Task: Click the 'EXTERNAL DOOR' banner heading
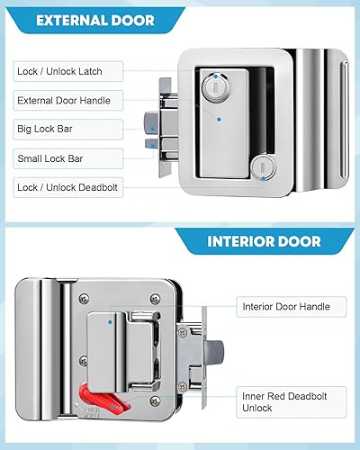point(95,21)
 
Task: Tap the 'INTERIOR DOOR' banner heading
point(264,241)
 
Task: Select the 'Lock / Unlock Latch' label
point(59,71)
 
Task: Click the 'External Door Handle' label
point(64,101)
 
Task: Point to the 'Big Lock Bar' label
point(45,129)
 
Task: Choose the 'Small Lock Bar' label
point(50,158)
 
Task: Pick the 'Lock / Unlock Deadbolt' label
point(67,187)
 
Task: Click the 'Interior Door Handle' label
point(286,307)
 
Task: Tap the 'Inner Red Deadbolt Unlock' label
point(284,402)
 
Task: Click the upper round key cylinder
point(216,85)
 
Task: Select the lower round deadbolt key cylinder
point(263,169)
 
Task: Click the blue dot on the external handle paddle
point(219,120)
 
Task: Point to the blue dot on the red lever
point(112,407)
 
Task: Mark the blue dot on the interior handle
point(110,322)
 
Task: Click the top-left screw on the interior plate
point(84,298)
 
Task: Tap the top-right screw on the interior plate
point(155,298)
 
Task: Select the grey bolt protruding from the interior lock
point(214,353)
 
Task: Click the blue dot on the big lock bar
point(152,129)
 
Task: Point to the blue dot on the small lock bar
point(153,146)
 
